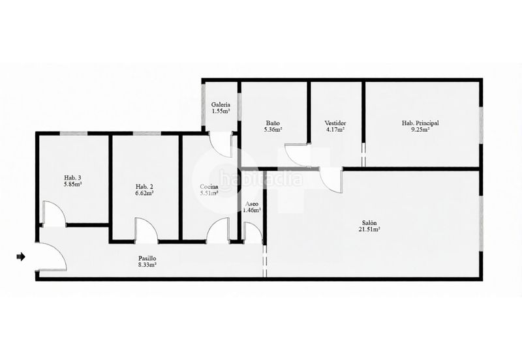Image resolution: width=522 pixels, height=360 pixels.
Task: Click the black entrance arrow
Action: [x=21, y=256]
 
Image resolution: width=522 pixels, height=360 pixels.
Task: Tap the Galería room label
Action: [x=221, y=105]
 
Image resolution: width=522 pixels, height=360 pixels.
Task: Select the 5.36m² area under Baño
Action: [x=273, y=130]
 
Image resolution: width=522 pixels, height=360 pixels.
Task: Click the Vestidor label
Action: [x=335, y=123]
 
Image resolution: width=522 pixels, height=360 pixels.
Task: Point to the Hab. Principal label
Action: [x=420, y=123]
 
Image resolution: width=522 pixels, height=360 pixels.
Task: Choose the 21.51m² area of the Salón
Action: [x=369, y=230]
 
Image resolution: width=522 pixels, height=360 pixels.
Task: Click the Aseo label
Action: [x=252, y=204]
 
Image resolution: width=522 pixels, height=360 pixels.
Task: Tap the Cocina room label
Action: [x=209, y=187]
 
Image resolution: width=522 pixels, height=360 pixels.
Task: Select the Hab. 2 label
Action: [x=144, y=187]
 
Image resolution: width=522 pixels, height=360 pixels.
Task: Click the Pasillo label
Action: [x=147, y=258]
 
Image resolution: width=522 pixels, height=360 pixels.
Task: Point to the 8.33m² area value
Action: [x=148, y=265]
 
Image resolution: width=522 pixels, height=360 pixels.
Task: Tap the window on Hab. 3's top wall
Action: [x=74, y=134]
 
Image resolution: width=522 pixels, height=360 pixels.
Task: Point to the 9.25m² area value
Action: [x=420, y=130]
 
